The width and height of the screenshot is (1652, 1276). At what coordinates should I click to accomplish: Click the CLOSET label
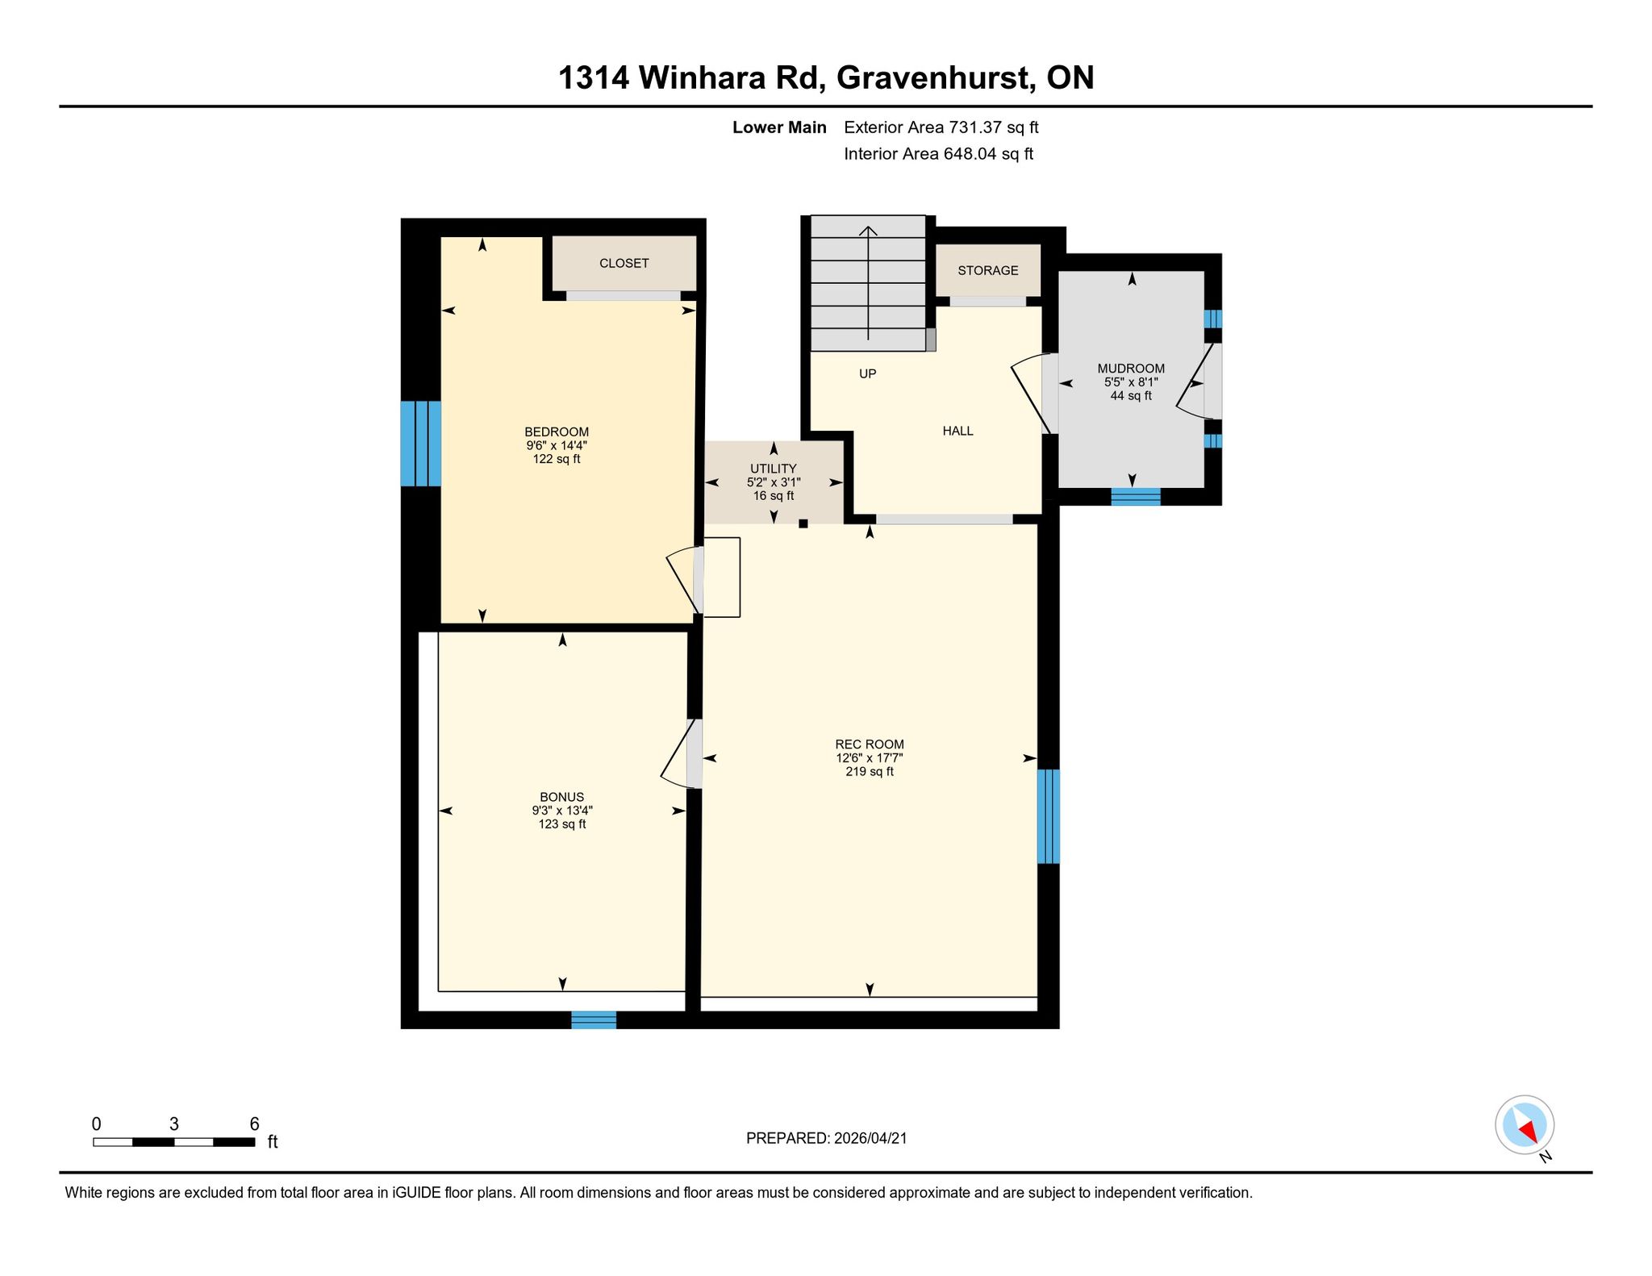tap(624, 263)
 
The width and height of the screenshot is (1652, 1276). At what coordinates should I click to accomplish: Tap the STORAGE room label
tap(988, 270)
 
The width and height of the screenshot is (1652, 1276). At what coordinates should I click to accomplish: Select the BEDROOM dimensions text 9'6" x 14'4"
tap(557, 445)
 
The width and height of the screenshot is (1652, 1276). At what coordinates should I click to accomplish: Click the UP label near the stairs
tap(868, 373)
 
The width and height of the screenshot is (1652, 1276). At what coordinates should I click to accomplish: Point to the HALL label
tap(958, 431)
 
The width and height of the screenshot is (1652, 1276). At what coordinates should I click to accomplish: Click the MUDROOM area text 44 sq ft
tap(1131, 396)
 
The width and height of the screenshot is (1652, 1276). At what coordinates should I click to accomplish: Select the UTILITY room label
tap(774, 469)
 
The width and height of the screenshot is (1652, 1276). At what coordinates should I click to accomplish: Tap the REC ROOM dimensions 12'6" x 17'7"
tap(870, 758)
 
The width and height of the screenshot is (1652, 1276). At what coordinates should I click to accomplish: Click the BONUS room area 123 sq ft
tap(562, 824)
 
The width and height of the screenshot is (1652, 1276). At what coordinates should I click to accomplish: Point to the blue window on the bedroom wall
tap(421, 444)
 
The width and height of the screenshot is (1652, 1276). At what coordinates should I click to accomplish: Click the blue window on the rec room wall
tap(1049, 816)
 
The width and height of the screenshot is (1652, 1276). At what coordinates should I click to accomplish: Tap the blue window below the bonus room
tap(594, 1020)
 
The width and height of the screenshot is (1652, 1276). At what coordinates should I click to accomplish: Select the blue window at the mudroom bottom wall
tap(1136, 497)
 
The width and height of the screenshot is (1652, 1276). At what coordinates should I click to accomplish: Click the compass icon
tap(1525, 1125)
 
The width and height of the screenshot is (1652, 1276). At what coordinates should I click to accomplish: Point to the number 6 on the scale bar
tap(254, 1124)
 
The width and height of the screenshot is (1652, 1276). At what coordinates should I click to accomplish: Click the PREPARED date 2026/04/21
tap(870, 1138)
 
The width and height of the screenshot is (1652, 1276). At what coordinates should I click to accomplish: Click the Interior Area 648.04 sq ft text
tap(939, 154)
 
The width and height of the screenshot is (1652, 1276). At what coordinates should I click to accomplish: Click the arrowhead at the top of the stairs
tap(868, 231)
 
